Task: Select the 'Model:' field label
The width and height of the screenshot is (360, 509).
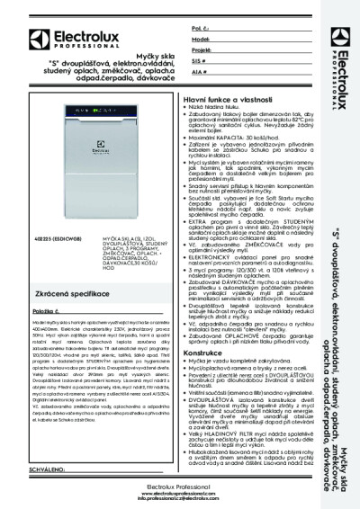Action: (x=201, y=40)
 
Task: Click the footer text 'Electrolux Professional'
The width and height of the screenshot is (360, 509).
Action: (x=180, y=487)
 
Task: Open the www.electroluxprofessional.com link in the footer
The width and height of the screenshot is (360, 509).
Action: (x=180, y=493)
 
